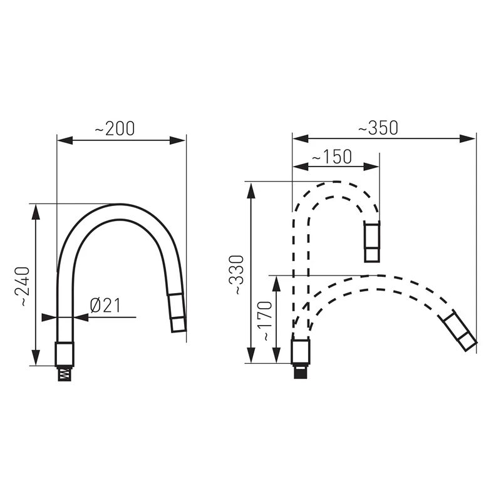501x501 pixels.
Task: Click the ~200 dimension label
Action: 115,128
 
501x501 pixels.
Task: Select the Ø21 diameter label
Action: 105,306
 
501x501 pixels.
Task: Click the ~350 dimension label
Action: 378,128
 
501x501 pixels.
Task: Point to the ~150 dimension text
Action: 332,157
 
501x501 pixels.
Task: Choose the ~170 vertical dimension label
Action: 266,321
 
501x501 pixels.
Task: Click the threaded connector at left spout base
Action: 65,373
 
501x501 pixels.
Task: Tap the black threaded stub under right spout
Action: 301,371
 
